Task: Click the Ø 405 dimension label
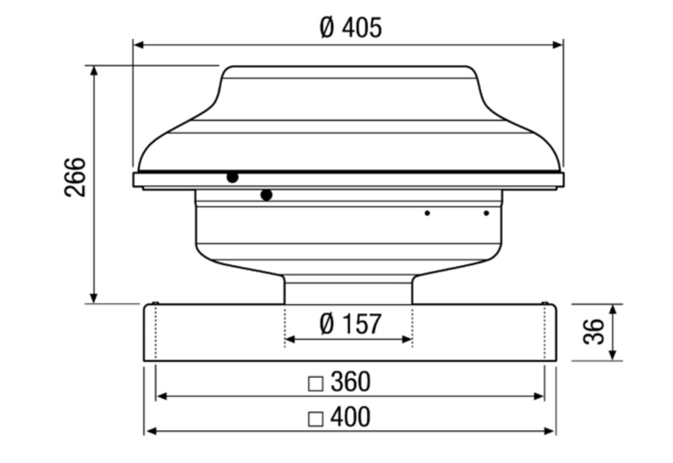[x=351, y=28]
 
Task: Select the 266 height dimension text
[x=75, y=177]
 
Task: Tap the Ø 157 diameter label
[x=350, y=324]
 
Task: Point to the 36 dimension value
[x=594, y=332]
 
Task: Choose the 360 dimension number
[x=350, y=382]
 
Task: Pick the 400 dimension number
[x=350, y=417]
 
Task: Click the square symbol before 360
[x=316, y=384]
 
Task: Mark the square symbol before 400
[x=316, y=419]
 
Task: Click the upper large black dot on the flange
[x=232, y=177]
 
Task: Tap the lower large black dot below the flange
[x=267, y=195]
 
